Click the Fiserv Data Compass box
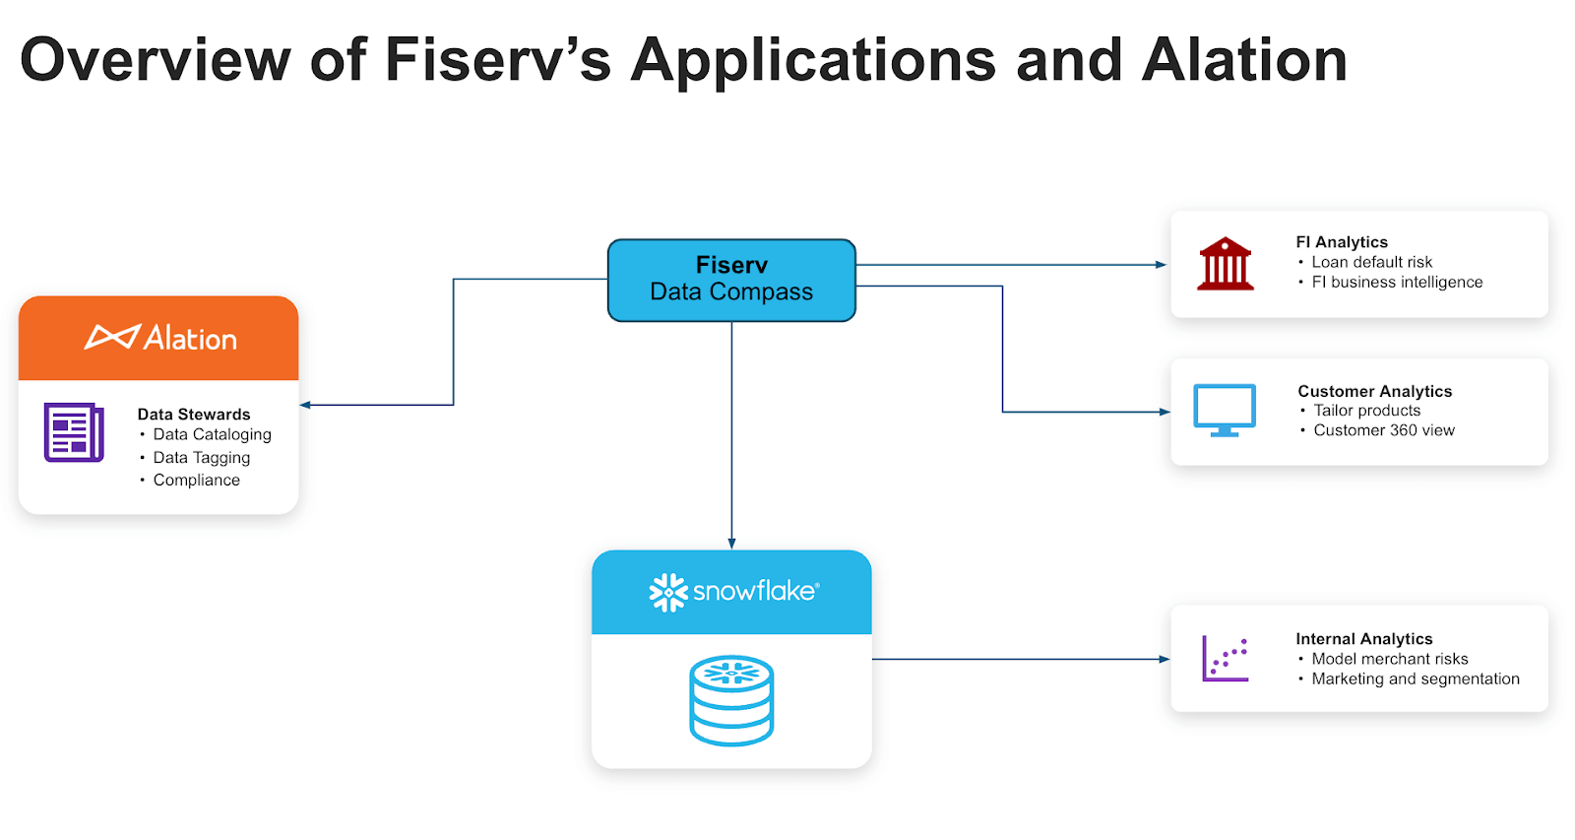click(x=731, y=280)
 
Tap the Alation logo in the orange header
click(x=160, y=338)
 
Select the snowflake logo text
click(x=754, y=591)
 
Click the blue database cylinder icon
click(x=731, y=700)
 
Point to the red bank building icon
click(x=1226, y=264)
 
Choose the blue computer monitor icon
click(x=1225, y=410)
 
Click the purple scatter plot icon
click(x=1225, y=659)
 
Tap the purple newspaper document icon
click(x=74, y=432)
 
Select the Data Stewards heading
click(x=194, y=415)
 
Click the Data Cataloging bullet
click(x=212, y=434)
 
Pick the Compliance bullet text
click(x=197, y=480)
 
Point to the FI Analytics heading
click(x=1342, y=242)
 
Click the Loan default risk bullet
click(x=1371, y=262)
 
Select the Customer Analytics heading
click(x=1374, y=391)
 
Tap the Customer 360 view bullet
click(x=1383, y=430)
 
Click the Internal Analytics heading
click(x=1363, y=639)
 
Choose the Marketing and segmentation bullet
click(x=1415, y=678)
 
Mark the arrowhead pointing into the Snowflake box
click(x=731, y=544)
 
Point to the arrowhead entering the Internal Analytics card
click(x=1165, y=659)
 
